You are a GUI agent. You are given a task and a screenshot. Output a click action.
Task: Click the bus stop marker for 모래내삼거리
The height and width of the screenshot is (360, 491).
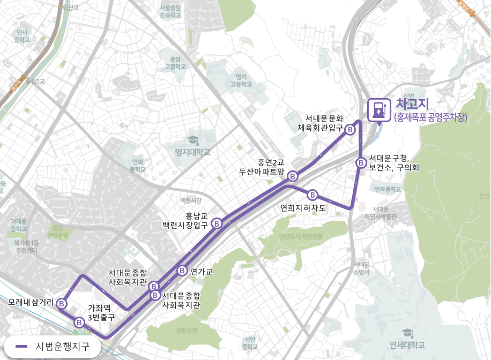point(62,304)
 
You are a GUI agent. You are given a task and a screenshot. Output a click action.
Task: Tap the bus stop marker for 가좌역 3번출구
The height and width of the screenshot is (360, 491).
point(79,322)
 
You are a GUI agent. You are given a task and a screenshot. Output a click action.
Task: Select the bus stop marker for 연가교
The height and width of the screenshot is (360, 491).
point(182,271)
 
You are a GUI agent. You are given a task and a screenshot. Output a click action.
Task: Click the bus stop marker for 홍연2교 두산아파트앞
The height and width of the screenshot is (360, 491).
point(293,176)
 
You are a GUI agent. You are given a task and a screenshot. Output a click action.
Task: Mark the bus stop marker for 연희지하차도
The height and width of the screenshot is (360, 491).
point(313,194)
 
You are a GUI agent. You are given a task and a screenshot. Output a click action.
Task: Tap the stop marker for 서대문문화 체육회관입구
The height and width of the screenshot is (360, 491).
point(349,130)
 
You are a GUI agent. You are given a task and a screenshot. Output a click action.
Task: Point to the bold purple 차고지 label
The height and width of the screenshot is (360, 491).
point(412,104)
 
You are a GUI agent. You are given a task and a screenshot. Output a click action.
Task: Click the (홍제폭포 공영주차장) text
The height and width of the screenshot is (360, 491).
point(431,117)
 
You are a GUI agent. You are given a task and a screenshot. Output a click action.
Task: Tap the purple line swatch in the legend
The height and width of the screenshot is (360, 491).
point(22,346)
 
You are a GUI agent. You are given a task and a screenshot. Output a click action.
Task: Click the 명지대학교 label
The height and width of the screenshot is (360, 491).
point(193,153)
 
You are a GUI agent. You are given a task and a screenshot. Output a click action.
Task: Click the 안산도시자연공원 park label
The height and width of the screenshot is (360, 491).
point(301,236)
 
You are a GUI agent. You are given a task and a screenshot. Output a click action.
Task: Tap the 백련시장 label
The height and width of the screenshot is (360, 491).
point(191,200)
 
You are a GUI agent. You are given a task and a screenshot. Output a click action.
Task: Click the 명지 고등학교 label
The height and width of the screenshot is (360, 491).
point(241,80)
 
